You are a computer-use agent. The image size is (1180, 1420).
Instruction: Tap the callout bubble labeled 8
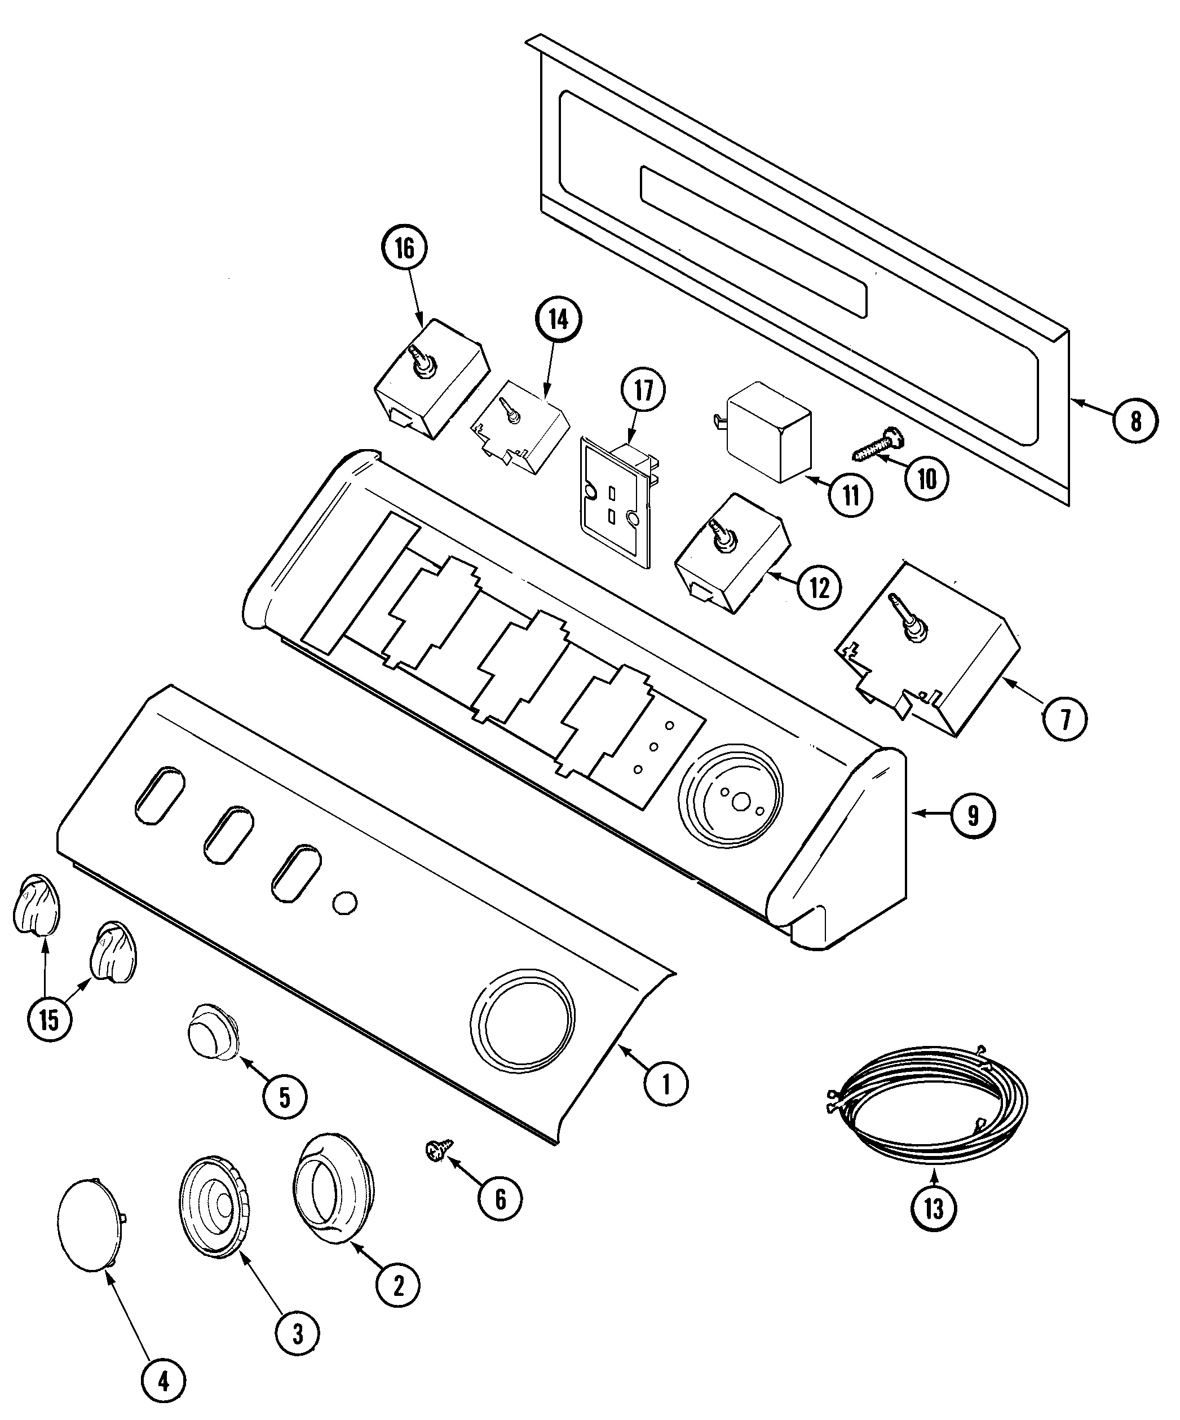click(x=1135, y=421)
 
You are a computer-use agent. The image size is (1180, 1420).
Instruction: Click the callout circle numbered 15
click(x=50, y=1038)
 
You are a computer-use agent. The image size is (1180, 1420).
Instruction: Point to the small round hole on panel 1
click(x=344, y=902)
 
